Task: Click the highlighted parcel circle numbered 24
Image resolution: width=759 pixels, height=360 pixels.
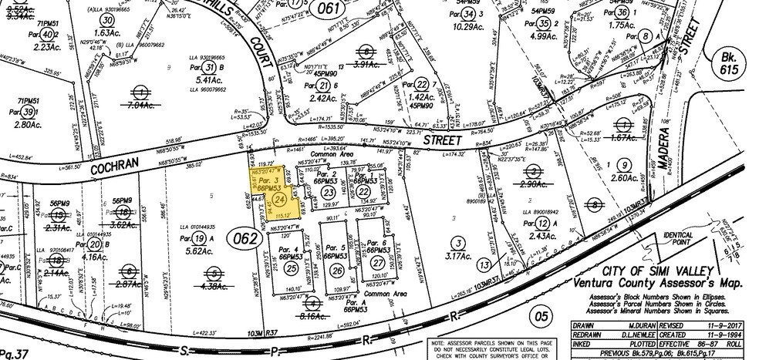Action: pyautogui.click(x=278, y=199)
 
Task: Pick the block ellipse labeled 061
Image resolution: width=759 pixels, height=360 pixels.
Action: pyautogui.click(x=328, y=9)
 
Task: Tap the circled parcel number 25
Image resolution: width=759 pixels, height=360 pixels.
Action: pyautogui.click(x=290, y=267)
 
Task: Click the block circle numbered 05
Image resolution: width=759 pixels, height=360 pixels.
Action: pyautogui.click(x=541, y=314)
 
